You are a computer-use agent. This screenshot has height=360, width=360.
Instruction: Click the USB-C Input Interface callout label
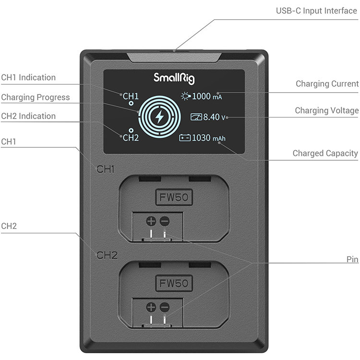pyautogui.click(x=316, y=11)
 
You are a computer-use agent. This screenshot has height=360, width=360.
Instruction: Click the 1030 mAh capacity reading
pyautogui.click(x=208, y=138)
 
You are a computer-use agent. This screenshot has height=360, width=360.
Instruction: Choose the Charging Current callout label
pyautogui.click(x=327, y=84)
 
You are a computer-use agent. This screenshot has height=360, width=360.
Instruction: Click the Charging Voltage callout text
pyautogui.click(x=326, y=111)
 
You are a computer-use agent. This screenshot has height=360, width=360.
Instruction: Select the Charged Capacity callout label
pyautogui.click(x=325, y=154)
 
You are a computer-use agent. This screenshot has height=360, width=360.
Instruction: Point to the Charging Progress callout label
pyautogui.click(x=35, y=97)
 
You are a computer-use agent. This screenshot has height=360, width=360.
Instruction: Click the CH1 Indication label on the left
pyautogui.click(x=28, y=77)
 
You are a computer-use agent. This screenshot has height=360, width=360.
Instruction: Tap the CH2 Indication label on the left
pyautogui.click(x=28, y=116)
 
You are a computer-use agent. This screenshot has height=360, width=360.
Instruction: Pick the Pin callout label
pyautogui.click(x=352, y=259)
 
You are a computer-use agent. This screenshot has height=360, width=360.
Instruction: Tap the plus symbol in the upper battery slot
pyautogui.click(x=151, y=221)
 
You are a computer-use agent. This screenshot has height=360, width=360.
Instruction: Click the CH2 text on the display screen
pyautogui.click(x=131, y=138)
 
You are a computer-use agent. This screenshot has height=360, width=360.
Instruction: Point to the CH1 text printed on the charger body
pyautogui.click(x=107, y=169)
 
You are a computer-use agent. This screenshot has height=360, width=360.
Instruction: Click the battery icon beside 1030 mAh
pyautogui.click(x=185, y=138)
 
